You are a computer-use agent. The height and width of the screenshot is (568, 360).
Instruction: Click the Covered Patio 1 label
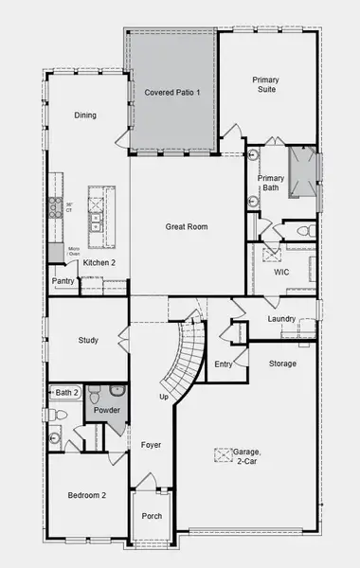(x=171, y=94)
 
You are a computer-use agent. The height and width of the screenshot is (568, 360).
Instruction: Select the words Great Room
(x=186, y=226)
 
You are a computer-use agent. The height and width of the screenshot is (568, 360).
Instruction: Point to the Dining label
(x=86, y=115)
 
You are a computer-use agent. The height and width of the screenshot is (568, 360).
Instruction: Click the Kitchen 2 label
(x=99, y=262)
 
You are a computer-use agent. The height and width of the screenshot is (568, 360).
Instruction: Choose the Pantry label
(x=63, y=281)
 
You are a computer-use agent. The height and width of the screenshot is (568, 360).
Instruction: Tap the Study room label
(x=89, y=341)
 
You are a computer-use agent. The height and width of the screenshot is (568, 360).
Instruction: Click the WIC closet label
(x=280, y=272)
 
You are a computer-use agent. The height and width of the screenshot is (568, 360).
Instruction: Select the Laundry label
(x=281, y=320)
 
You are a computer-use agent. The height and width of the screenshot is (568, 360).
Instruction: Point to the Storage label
(x=282, y=364)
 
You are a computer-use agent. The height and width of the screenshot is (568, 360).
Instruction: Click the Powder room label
(x=106, y=411)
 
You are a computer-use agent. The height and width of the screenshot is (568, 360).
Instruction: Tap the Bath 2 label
(x=64, y=392)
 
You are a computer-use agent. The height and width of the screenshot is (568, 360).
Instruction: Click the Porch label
(x=152, y=516)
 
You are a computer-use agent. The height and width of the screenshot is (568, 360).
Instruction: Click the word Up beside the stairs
(x=164, y=396)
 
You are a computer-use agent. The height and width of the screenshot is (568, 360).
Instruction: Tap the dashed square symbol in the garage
(x=224, y=455)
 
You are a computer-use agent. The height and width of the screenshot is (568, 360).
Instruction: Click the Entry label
(x=224, y=364)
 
